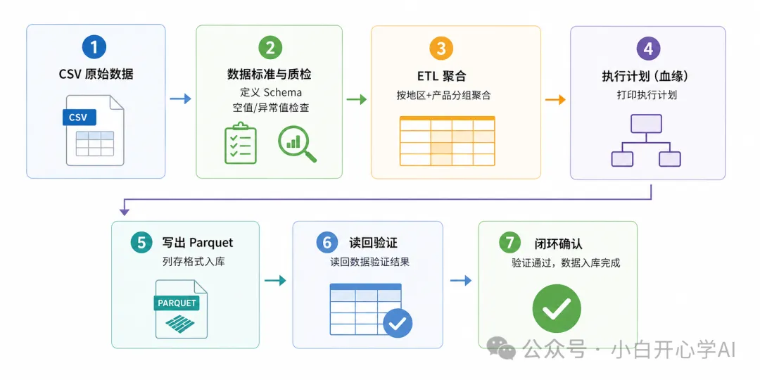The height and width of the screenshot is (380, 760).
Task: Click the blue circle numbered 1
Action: pyautogui.click(x=94, y=48)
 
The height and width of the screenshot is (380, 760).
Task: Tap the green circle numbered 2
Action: pyautogui.click(x=270, y=48)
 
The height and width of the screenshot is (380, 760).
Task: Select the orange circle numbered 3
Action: pyautogui.click(x=441, y=48)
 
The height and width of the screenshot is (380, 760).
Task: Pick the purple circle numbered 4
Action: pyautogui.click(x=647, y=49)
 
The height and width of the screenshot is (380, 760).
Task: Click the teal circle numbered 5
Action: pyautogui.click(x=141, y=242)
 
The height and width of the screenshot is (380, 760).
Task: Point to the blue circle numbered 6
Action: pyautogui.click(x=327, y=242)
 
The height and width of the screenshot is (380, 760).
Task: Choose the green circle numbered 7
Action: pyautogui.click(x=510, y=243)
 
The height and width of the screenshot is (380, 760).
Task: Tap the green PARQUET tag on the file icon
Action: pyautogui.click(x=177, y=303)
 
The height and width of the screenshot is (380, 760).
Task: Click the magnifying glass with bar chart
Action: pyautogui.click(x=296, y=143)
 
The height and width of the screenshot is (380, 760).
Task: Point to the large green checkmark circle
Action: pyautogui.click(x=557, y=308)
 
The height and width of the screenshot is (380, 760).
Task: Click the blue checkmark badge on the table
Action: pyautogui.click(x=398, y=323)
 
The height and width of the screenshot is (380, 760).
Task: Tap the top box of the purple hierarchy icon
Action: pyautogui.click(x=646, y=124)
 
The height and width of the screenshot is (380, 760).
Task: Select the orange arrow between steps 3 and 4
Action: pyautogui.click(x=555, y=99)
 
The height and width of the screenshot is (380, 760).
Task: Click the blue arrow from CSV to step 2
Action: pyautogui.click(x=180, y=99)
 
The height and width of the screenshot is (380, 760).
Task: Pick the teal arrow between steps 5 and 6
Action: pyautogui.click(x=275, y=281)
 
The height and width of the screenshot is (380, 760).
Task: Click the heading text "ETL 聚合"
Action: pyautogui.click(x=441, y=76)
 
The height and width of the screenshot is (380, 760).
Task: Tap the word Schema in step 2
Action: pyautogui.click(x=282, y=92)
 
